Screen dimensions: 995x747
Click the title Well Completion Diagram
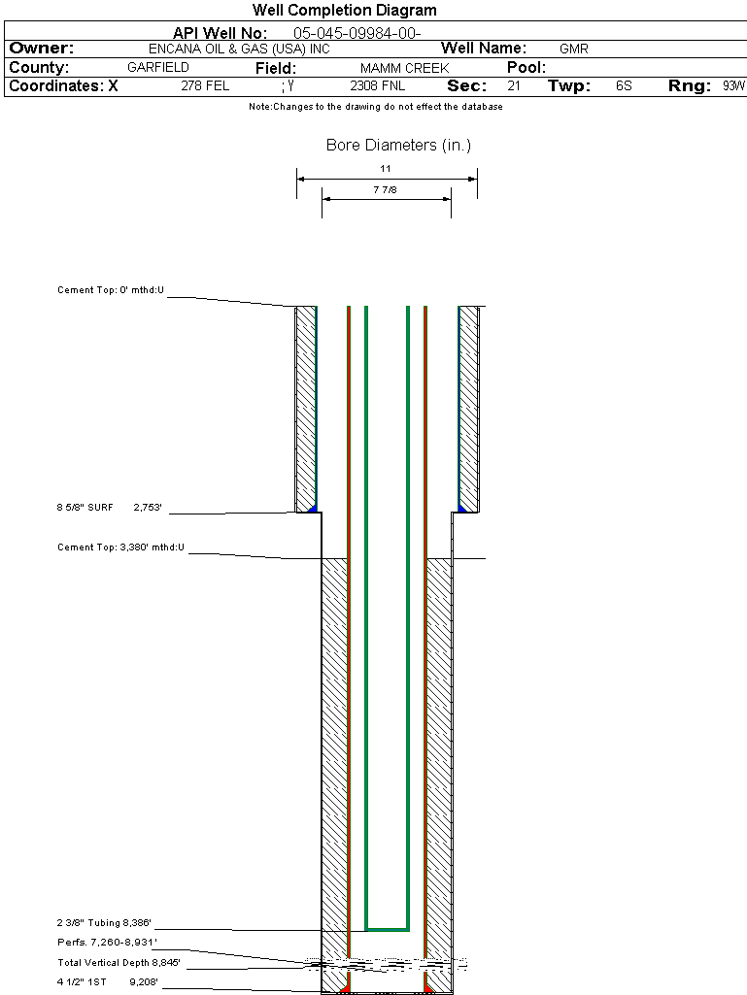click(x=345, y=11)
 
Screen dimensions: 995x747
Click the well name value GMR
click(x=574, y=49)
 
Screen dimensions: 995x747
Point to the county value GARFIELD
click(x=158, y=68)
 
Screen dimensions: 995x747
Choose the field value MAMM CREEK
click(x=404, y=68)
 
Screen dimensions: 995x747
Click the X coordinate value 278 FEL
click(x=205, y=86)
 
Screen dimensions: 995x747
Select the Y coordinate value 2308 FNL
click(x=377, y=86)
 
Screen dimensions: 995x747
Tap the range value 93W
click(x=733, y=86)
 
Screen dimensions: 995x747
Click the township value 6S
click(x=624, y=86)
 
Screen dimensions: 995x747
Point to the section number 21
click(x=514, y=86)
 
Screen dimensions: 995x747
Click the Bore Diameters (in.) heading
click(x=398, y=146)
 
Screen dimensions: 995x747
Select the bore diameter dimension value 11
click(x=386, y=169)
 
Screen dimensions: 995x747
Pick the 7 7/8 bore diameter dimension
click(x=386, y=190)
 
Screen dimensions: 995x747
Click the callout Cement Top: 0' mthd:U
click(x=111, y=290)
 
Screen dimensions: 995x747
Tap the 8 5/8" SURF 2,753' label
click(x=105, y=507)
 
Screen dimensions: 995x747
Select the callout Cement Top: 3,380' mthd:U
click(x=120, y=548)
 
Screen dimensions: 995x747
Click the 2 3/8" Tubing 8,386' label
click(x=105, y=923)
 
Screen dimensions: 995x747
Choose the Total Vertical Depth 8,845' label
click(x=119, y=963)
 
